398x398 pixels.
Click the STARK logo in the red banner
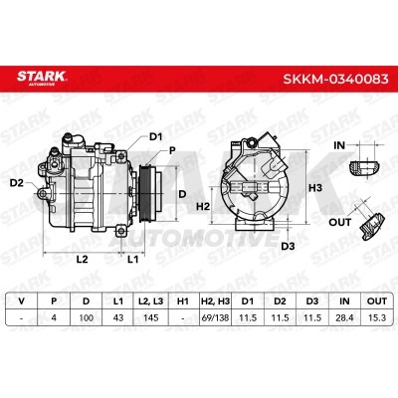point(42,78)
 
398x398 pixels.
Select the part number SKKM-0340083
point(335,79)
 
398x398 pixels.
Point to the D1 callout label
point(155,136)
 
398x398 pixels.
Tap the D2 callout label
point(17,182)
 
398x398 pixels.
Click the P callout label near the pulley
point(172,151)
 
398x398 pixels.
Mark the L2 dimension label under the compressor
point(82,259)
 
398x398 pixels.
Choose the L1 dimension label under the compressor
point(132,259)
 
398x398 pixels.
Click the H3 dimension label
point(315,188)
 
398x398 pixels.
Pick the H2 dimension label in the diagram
point(203,206)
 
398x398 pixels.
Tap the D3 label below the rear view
point(288,246)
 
